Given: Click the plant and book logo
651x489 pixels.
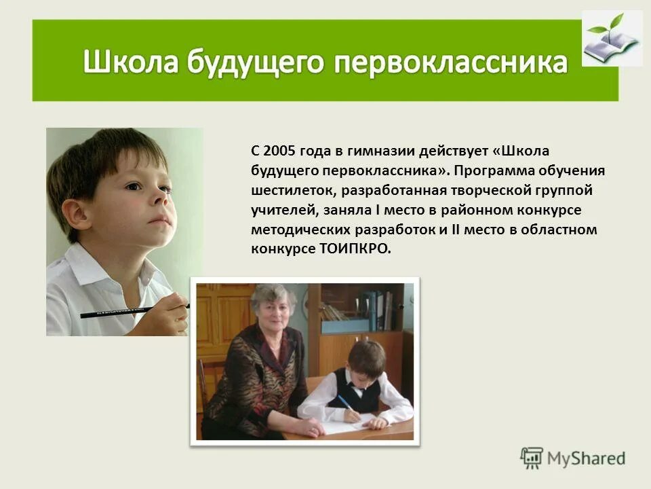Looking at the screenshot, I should coord(612,39).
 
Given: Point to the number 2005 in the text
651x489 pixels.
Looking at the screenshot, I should coord(278,150).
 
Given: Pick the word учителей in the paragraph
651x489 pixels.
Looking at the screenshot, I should coord(279,210).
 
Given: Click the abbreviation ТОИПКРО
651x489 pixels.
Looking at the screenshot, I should coord(355,249).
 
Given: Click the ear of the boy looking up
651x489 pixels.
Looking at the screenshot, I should coord(77,213).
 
